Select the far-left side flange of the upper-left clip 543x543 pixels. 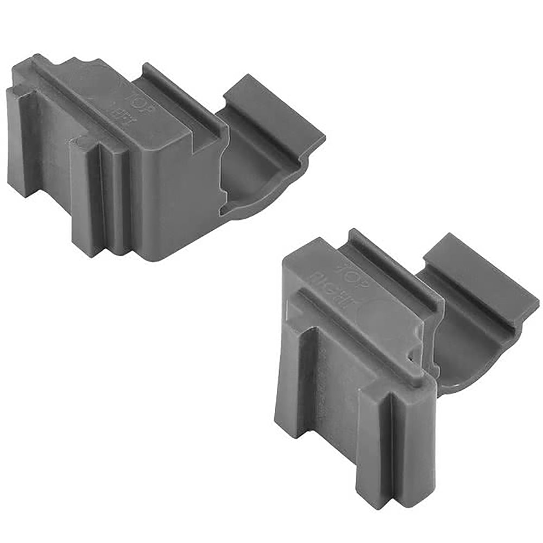pyautogui.click(x=22, y=141)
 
